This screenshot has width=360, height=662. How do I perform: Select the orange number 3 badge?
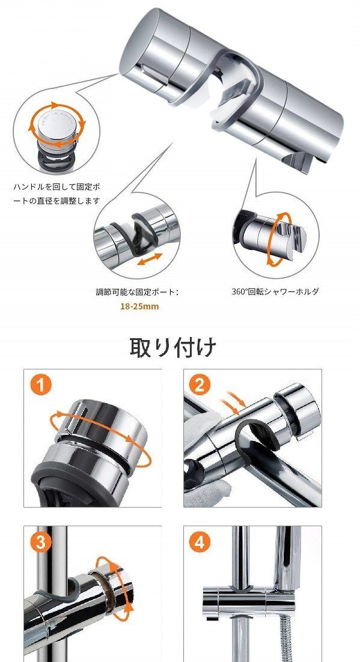click(x=40, y=542)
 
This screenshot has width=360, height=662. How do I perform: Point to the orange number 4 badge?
click(x=200, y=542)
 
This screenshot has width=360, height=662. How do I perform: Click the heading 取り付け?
click(x=172, y=347)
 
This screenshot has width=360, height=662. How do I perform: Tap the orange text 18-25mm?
click(x=139, y=306)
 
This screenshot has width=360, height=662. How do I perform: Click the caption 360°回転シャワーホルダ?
click(x=275, y=291)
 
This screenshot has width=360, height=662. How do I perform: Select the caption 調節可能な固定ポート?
click(x=137, y=292)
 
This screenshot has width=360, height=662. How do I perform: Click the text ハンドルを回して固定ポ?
click(x=57, y=186)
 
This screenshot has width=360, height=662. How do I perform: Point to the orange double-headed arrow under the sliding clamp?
click(x=150, y=259)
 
